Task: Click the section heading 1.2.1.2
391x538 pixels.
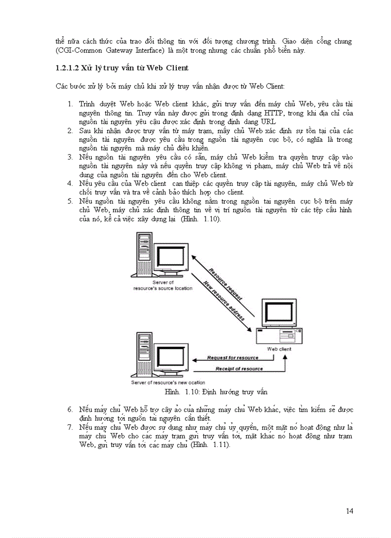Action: (122, 68)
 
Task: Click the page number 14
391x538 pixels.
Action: (349, 511)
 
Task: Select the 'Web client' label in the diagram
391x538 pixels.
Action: (279, 349)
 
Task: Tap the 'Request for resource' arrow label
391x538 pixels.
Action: (232, 358)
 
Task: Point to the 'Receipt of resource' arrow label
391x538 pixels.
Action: (239, 369)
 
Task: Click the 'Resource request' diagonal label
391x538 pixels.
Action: (225, 284)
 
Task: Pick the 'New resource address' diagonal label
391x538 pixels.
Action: (224, 300)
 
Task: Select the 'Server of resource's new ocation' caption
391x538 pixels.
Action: (168, 382)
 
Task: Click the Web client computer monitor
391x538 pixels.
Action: (279, 314)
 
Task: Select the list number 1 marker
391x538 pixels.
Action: (70, 103)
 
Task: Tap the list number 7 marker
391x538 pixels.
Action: (70, 426)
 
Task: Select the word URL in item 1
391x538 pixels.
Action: (268, 122)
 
